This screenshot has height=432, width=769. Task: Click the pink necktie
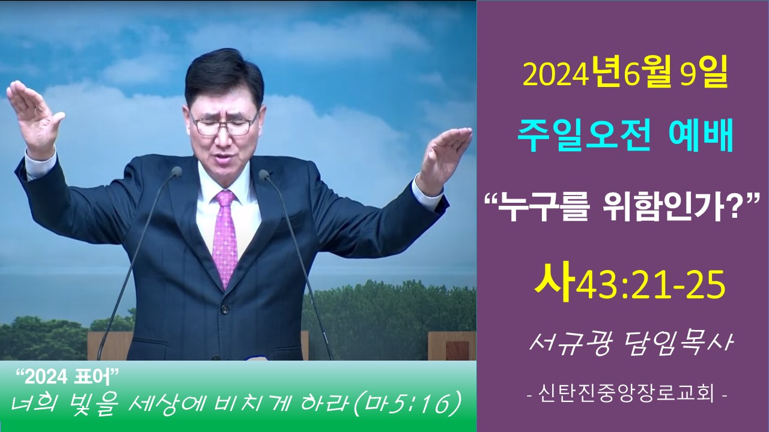tap(225, 236)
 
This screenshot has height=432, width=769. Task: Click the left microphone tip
tap(177, 172)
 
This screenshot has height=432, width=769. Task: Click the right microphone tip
tap(264, 175)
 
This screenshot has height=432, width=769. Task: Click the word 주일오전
tap(583, 136)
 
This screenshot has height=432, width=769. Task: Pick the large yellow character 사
tap(554, 282)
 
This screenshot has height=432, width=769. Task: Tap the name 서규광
tap(570, 343)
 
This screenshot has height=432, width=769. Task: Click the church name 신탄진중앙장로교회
tap(627, 394)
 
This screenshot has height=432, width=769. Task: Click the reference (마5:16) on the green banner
tap(407, 405)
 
